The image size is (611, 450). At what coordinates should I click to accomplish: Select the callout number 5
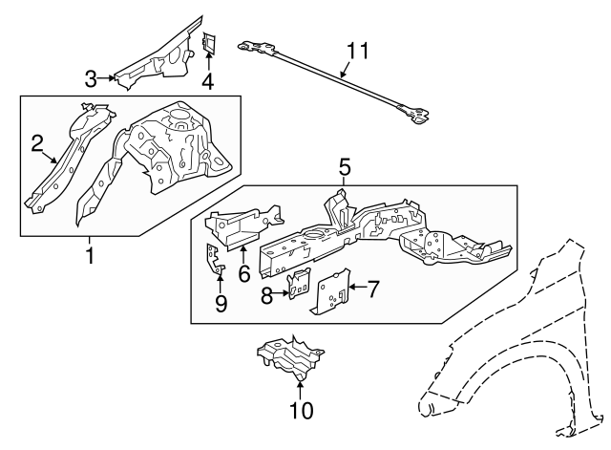coord(344,168)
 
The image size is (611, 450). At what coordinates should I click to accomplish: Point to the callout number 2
coord(37,143)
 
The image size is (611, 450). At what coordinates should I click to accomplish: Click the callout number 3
coord(91,76)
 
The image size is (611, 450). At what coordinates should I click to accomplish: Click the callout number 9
coord(220,304)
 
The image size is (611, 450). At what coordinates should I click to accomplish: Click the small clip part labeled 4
coord(209,43)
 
